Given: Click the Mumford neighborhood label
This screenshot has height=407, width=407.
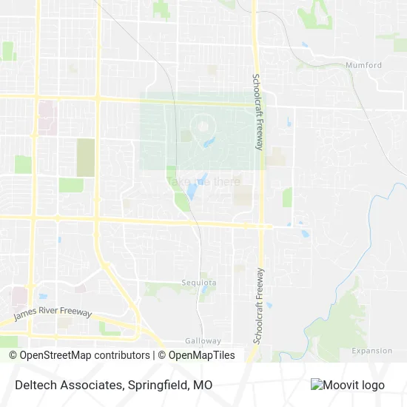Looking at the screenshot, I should pyautogui.click(x=363, y=65).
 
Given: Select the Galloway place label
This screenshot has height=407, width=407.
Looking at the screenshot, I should pyautogui.click(x=203, y=341).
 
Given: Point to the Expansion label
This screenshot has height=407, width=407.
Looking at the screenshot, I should pyautogui.click(x=371, y=351).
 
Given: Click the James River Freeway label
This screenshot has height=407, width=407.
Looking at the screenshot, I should pyautogui.click(x=53, y=314).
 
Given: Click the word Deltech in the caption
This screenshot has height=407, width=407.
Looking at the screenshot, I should pyautogui.click(x=32, y=386).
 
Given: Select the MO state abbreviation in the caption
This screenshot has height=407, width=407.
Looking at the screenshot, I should pyautogui.click(x=203, y=386).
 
